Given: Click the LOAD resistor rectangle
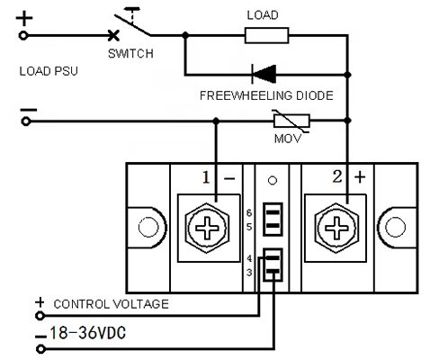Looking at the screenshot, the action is pyautogui.click(x=266, y=35).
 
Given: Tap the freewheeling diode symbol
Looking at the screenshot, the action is pyautogui.click(x=264, y=74).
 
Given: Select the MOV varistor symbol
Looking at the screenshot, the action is pyautogui.click(x=291, y=121).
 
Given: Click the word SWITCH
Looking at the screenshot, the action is pyautogui.click(x=130, y=54).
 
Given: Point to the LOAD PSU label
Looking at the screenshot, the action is pyautogui.click(x=49, y=71).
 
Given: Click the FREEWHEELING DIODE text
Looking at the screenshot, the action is pyautogui.click(x=266, y=95).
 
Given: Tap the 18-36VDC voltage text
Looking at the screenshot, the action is pyautogui.click(x=87, y=333).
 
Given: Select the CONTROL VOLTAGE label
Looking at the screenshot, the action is pyautogui.click(x=111, y=304).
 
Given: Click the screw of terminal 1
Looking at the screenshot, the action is pyautogui.click(x=207, y=228).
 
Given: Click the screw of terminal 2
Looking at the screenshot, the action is pyautogui.click(x=336, y=228).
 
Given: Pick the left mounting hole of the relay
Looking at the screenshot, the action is pyautogui.click(x=148, y=227).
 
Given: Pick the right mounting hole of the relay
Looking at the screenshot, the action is pyautogui.click(x=395, y=227).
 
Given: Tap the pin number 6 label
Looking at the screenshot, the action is pyautogui.click(x=249, y=213).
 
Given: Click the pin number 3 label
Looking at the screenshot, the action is pyautogui.click(x=249, y=273).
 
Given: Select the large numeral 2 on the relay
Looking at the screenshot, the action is pyautogui.click(x=337, y=176).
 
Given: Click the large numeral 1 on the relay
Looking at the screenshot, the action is pyautogui.click(x=206, y=177).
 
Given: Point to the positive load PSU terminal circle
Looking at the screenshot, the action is pyautogui.click(x=23, y=36).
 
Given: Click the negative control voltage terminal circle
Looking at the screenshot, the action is pyautogui.click(x=40, y=349).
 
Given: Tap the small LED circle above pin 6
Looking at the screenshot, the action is pyautogui.click(x=273, y=181).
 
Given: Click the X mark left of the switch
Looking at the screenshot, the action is pyautogui.click(x=113, y=36).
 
